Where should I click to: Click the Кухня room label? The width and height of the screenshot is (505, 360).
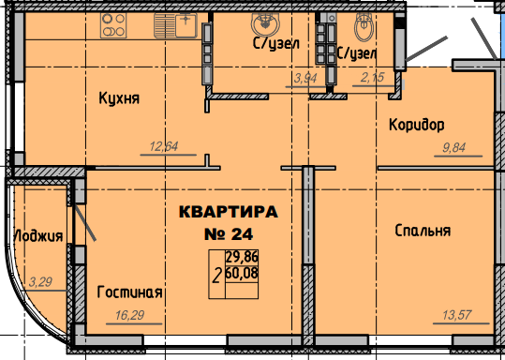[x=119, y=98]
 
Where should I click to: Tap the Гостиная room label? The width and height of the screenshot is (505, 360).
[x=129, y=292]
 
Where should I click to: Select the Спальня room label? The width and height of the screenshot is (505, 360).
[x=423, y=231]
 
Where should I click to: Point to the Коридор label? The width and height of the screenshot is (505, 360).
[x=417, y=125]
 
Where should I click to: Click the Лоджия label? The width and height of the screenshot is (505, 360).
[x=38, y=236]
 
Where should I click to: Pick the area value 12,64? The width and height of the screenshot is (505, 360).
[x=164, y=146]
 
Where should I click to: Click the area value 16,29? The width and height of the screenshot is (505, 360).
[x=129, y=315]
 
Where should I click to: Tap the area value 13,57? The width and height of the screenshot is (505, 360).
[x=457, y=315]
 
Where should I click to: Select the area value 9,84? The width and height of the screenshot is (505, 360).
[x=453, y=147]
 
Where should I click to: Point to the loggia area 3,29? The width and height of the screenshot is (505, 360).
[x=40, y=282]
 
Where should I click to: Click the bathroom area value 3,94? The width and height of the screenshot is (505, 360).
[x=305, y=78]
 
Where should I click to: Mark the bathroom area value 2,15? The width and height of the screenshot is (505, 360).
[x=372, y=78]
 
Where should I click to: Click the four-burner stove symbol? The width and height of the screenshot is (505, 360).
[x=113, y=25]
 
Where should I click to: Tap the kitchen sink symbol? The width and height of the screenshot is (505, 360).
[x=175, y=25]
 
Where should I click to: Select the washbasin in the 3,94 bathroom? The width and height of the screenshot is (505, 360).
[x=265, y=23]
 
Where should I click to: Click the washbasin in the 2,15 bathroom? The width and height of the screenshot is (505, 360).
[x=364, y=26]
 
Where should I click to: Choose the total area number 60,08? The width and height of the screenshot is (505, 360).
[x=242, y=274]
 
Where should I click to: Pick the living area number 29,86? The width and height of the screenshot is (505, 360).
[x=242, y=257]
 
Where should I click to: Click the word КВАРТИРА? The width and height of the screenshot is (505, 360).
[x=229, y=212]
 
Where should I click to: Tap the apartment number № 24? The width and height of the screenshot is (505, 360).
[x=229, y=234]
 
